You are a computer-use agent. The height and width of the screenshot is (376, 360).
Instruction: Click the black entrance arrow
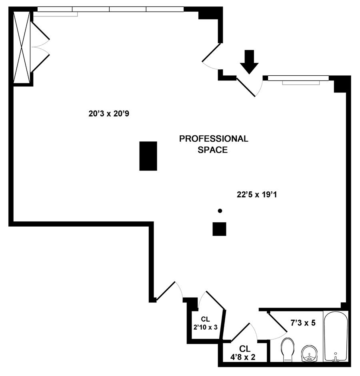(x=250, y=61)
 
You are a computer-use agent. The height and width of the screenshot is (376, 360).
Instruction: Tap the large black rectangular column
(x=148, y=156)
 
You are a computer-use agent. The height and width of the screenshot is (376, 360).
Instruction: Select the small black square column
(x=219, y=229)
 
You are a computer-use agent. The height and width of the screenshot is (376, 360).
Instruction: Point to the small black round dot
(x=220, y=211)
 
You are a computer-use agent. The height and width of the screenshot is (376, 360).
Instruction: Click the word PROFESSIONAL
(x=213, y=139)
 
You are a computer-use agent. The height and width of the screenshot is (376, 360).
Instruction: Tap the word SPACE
(x=213, y=150)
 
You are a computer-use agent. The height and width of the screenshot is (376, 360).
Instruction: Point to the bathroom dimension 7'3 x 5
(x=302, y=322)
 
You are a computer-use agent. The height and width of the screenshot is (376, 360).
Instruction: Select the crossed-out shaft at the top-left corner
(x=22, y=47)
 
